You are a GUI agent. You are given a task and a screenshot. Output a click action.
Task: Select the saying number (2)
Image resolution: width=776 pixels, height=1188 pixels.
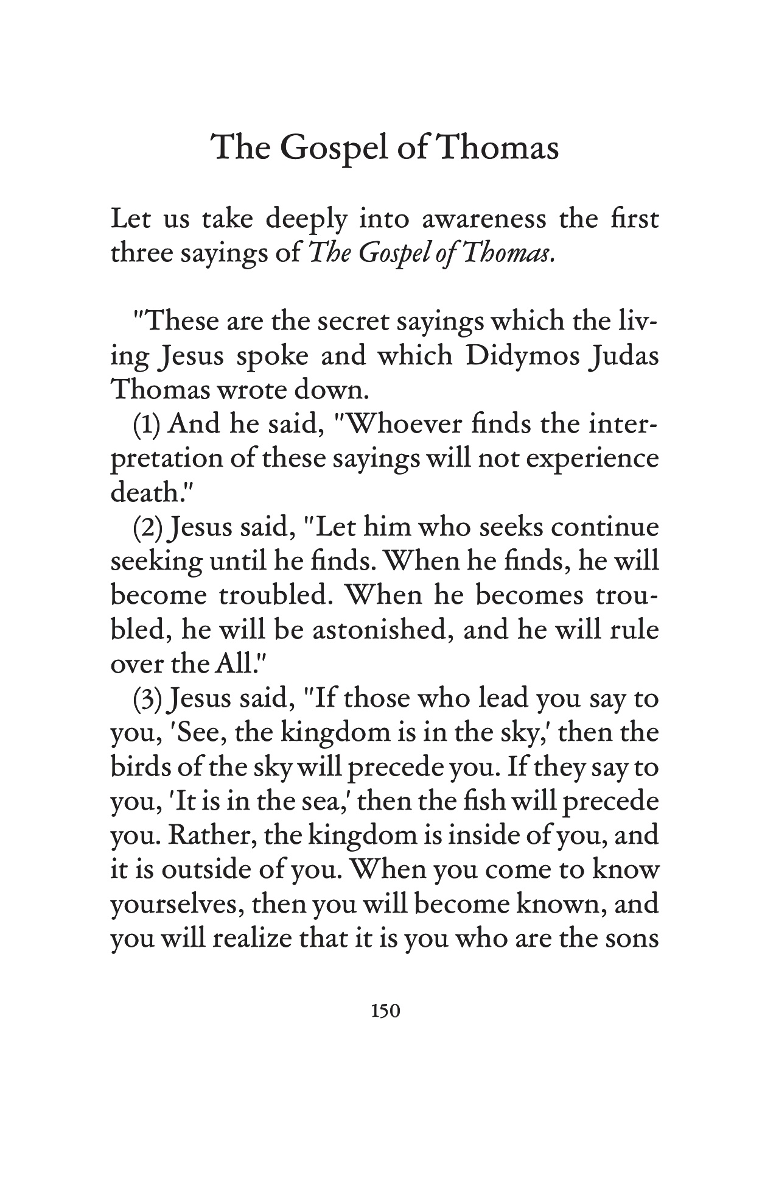pyautogui.click(x=147, y=527)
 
